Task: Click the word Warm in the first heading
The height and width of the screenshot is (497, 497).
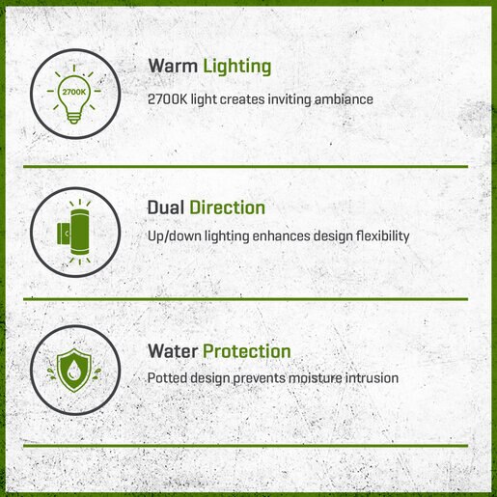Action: (173, 66)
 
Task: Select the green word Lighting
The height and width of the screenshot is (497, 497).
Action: (237, 68)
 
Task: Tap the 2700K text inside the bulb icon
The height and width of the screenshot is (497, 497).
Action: (74, 92)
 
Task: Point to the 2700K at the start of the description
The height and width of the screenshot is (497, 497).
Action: (167, 99)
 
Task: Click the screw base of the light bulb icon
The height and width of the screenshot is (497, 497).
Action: (74, 118)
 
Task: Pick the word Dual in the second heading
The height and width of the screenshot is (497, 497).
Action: (166, 207)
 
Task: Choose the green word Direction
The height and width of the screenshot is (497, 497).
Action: (227, 207)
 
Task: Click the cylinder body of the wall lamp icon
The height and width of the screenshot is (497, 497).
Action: (80, 233)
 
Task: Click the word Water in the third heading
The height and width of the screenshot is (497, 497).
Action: (173, 351)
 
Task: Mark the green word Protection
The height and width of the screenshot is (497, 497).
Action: (247, 351)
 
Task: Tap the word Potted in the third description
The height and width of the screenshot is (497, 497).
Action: (167, 378)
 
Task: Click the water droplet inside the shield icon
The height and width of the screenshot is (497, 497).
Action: (73, 370)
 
